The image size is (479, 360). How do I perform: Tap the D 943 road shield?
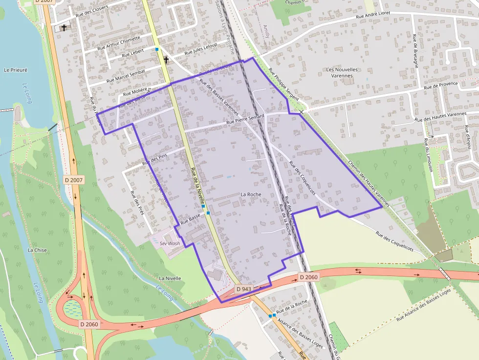(243, 289)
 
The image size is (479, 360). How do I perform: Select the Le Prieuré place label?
(16, 70)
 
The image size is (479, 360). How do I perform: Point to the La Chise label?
(37, 250)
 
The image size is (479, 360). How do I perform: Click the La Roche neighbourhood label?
(251, 194)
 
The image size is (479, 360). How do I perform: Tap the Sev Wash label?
(167, 243)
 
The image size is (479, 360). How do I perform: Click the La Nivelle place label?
(170, 278)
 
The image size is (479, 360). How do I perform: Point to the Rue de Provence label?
(441, 85)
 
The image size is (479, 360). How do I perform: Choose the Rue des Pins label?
(152, 159)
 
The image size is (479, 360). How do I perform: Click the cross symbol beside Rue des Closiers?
(64, 28)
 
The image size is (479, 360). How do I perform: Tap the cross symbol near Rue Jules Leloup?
(166, 60)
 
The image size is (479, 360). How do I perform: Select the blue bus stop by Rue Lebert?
(157, 49)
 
